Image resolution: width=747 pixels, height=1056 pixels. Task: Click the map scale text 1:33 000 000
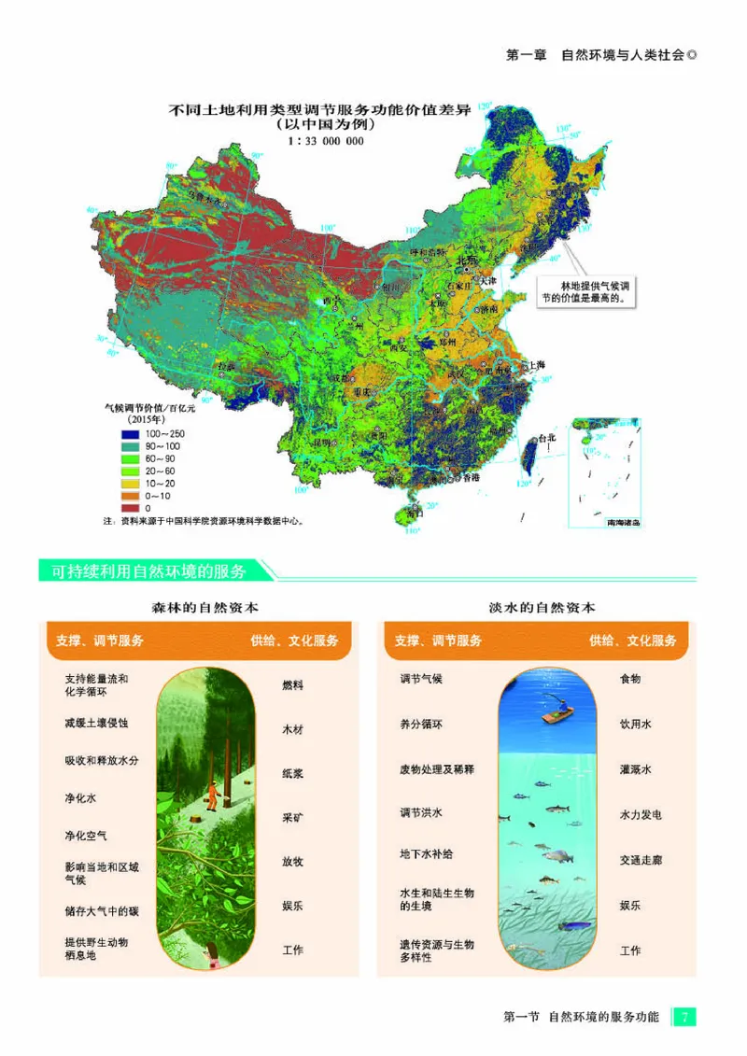pos(327,141)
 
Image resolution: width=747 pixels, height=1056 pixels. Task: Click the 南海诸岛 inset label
pos(621,524)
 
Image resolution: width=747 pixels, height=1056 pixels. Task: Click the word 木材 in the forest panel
pos(292,729)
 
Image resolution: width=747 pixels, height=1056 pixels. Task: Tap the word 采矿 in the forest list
pos(292,817)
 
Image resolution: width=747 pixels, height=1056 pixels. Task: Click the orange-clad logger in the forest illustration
pos(214,794)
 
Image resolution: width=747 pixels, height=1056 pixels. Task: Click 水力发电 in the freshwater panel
pos(640,815)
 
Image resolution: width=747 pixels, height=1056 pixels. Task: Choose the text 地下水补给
pos(426,854)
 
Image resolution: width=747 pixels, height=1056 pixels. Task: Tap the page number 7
pos(684,1017)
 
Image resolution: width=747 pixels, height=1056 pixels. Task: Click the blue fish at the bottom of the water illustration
pos(571,927)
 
